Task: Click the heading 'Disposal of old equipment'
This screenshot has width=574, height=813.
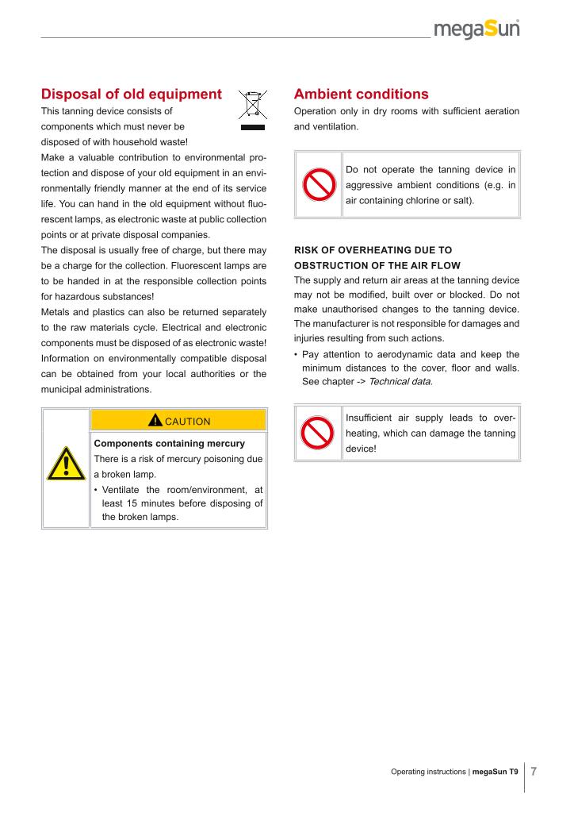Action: click(132, 94)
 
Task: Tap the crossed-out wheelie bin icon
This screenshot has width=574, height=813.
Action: click(252, 105)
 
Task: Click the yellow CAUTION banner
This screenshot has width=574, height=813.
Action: click(178, 421)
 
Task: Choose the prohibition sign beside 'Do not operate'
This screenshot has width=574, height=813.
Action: click(318, 184)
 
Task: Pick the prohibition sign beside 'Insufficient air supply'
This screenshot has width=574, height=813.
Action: click(318, 432)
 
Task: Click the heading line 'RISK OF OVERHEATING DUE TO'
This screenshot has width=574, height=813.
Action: click(373, 249)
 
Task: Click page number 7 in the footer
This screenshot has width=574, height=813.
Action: click(534, 770)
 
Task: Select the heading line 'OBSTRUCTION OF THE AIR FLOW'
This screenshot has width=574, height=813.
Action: click(377, 264)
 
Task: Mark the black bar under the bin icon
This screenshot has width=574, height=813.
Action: click(252, 126)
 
